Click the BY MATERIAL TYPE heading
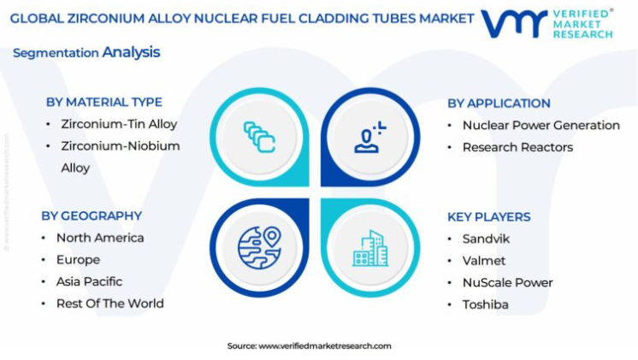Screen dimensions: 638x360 tap(104, 102)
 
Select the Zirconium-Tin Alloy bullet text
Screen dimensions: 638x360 tap(119, 124)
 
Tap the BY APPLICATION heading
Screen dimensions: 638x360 tap(499, 103)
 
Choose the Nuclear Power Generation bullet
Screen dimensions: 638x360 tap(541, 126)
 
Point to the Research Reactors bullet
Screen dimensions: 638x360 tap(517, 147)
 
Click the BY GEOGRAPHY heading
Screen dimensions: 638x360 tap(92, 215)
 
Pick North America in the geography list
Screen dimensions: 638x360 tap(100, 238)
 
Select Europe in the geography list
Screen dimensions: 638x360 tap(78, 260)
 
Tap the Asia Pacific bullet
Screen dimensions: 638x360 tap(89, 281)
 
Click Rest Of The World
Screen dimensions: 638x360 tap(109, 304)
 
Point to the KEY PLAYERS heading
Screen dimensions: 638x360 tap(489, 217)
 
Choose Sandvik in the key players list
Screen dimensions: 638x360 tap(486, 239)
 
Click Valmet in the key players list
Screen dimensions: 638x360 tap(484, 261)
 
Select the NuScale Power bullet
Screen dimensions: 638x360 tap(507, 283)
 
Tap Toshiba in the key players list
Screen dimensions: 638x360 tap(486, 304)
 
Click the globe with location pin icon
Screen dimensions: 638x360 tap(260, 248)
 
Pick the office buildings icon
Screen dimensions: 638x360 tap(370, 249)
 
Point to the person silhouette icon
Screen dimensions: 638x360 tap(369, 137)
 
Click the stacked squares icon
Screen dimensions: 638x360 tap(260, 137)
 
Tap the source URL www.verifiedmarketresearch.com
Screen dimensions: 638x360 tap(325, 346)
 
